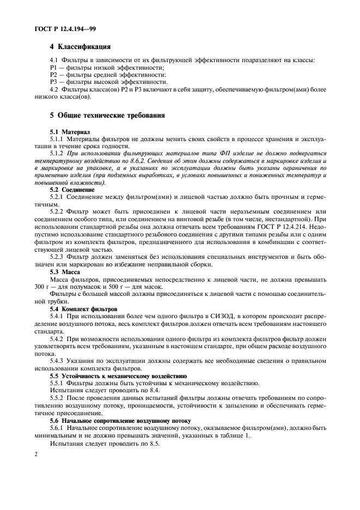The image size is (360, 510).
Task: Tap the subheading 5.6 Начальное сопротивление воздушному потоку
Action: coord(120,421)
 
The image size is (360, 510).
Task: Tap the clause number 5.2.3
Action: coord(59,257)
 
